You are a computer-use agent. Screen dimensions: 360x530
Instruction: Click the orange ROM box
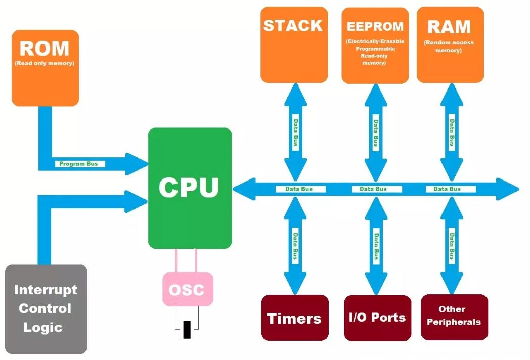45,68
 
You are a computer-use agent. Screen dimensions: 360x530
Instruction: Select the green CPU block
190,188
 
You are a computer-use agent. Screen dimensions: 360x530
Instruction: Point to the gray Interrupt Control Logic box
46,308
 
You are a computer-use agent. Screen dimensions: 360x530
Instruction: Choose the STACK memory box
293,44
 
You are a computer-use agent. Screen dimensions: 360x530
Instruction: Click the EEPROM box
375,46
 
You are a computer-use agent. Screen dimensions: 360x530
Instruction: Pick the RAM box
450,44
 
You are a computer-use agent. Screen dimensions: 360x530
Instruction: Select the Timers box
294,318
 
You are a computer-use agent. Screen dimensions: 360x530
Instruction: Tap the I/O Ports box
377,318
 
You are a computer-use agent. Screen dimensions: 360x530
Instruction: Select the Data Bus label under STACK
295,133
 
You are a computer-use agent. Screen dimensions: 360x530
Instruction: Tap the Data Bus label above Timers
294,245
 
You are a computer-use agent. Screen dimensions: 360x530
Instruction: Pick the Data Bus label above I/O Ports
376,245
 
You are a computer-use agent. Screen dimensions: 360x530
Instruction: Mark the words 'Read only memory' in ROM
45,64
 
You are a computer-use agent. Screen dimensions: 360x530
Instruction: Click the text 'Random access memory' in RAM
449,47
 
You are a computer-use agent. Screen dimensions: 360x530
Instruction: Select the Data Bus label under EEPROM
375,133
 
